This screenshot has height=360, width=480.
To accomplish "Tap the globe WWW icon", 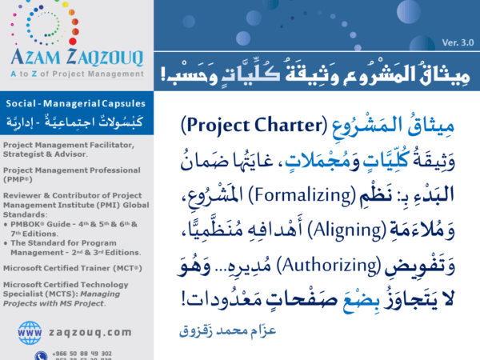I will (30, 330).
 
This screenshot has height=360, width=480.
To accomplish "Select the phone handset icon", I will (40, 354).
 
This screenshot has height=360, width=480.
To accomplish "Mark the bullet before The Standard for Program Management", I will (6, 239).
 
